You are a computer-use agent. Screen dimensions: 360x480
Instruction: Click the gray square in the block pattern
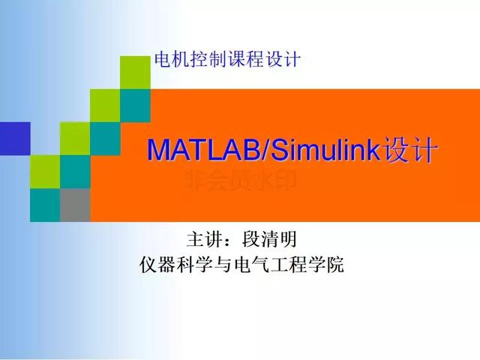coord(75,205)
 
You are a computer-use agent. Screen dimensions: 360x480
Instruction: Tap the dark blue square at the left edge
coord(15,137)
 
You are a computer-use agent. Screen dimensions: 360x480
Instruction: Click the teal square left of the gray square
coord(45,205)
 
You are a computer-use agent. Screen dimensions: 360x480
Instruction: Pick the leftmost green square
coord(45,171)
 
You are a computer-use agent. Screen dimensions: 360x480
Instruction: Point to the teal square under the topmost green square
coord(135,105)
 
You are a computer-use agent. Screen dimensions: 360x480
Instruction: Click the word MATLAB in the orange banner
coord(201,149)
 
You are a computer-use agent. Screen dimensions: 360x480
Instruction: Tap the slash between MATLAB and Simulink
coord(262,149)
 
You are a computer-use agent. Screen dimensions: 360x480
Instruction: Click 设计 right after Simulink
coord(409,149)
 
